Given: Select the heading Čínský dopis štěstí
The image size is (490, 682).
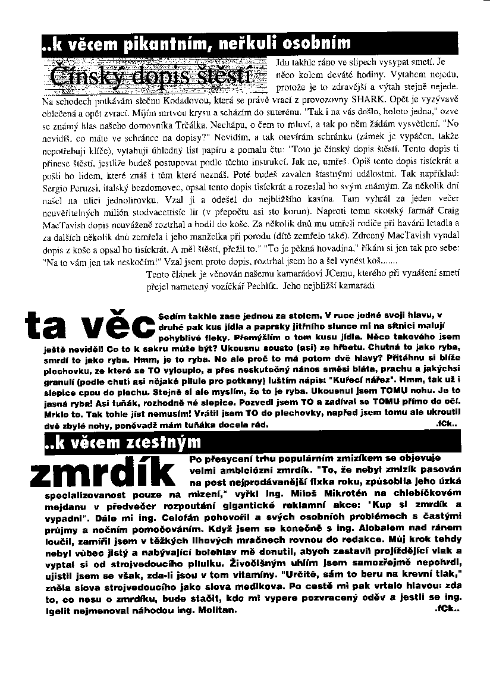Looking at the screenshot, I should [x=149, y=77].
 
